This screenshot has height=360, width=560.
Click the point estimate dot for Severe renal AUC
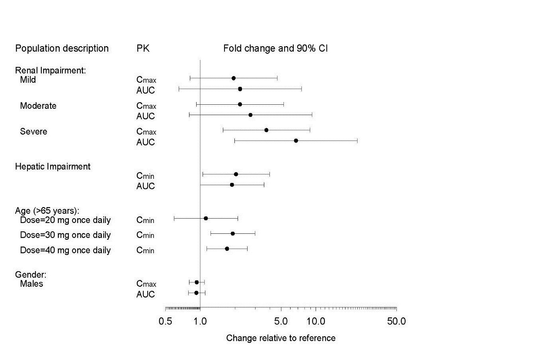point(296,141)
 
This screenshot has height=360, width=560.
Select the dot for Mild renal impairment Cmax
point(233,78)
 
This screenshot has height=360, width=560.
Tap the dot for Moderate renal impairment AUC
point(250,115)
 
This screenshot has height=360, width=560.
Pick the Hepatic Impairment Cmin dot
point(236,174)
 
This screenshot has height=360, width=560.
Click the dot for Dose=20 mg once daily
point(206,218)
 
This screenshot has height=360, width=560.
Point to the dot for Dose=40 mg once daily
point(227,248)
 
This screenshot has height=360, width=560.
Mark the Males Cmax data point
point(197,282)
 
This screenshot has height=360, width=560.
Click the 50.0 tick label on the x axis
point(396,321)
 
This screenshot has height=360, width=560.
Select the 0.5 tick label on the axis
point(166,321)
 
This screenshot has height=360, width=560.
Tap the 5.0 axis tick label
point(281,321)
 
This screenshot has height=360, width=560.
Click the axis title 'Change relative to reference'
point(281,338)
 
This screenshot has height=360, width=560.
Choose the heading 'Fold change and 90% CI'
point(275,48)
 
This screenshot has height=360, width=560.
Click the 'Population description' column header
point(62,48)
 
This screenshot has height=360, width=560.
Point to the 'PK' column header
point(143,48)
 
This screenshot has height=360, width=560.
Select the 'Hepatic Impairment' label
point(53,166)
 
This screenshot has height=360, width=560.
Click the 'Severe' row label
point(33,131)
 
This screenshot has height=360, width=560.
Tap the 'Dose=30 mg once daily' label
point(65,235)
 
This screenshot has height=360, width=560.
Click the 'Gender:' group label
point(31,274)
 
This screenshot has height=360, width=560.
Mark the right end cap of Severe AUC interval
point(357,141)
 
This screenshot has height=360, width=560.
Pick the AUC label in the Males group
point(145,294)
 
